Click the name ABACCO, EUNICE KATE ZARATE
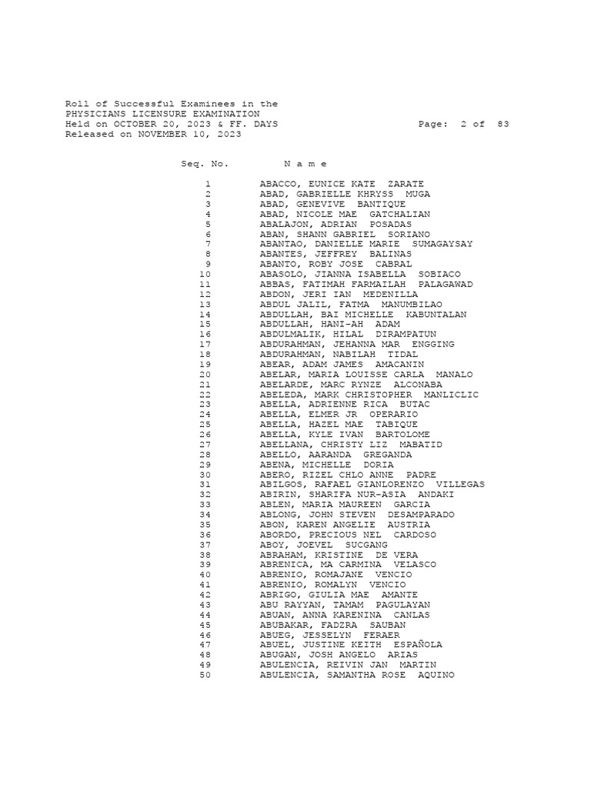tap(342, 184)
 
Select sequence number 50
tap(205, 675)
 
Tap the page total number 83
tap(503, 124)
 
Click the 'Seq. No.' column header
tap(205, 164)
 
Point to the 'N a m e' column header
tap(306, 164)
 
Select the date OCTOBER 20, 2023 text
tap(164, 124)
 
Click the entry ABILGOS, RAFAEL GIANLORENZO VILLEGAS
tap(372, 484)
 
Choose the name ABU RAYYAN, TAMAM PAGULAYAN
tap(345, 604)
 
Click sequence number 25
tap(205, 424)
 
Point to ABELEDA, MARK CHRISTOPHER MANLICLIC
tap(369, 394)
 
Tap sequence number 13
tap(205, 304)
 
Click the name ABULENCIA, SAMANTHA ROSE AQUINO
tap(356, 675)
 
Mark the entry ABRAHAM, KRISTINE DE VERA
tap(339, 554)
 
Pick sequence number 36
tap(205, 534)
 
